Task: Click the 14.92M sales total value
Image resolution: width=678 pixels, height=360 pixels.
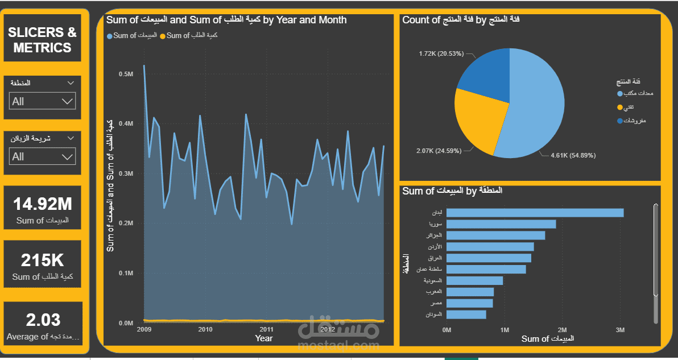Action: click(43, 204)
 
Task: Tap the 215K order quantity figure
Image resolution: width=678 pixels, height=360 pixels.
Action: click(43, 260)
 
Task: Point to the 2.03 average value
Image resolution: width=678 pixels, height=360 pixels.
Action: click(43, 320)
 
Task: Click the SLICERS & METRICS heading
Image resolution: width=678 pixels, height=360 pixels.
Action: click(43, 40)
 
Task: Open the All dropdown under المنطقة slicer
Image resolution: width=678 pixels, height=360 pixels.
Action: click(43, 101)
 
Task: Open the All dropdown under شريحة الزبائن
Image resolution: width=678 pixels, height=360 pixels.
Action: click(43, 156)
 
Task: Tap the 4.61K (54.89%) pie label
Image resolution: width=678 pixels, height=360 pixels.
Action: click(573, 155)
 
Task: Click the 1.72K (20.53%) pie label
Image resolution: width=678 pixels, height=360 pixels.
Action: click(441, 54)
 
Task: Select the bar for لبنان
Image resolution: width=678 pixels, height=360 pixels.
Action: click(535, 213)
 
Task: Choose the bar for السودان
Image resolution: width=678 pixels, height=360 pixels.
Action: click(466, 315)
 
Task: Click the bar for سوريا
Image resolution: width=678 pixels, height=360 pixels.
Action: click(501, 224)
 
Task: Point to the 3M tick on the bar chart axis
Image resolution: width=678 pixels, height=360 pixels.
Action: click(620, 330)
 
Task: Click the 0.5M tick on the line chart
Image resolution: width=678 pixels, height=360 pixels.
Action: click(126, 74)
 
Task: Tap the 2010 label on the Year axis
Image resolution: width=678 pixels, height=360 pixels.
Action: click(205, 329)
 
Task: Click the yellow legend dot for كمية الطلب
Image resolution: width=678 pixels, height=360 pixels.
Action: click(163, 36)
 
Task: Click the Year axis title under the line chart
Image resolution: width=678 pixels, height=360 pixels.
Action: click(263, 338)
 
